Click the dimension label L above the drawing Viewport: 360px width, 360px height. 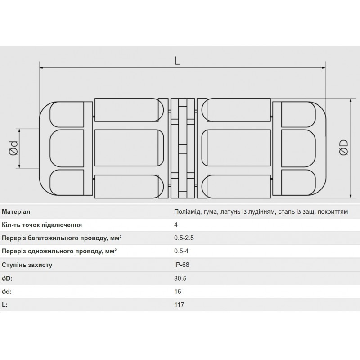point(178,61)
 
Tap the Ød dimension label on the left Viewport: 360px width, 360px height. point(13,148)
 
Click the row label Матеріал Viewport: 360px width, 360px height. point(16,211)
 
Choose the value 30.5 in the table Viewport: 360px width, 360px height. point(180,279)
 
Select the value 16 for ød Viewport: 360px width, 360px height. point(177,292)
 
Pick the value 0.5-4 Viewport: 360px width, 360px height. point(181,252)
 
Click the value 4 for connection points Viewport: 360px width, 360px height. point(176,225)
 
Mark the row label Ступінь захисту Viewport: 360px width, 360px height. point(27,265)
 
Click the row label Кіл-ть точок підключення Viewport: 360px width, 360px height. point(42,225)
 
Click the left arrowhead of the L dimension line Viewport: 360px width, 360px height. point(42,68)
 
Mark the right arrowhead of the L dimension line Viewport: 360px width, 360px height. point(324,68)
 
